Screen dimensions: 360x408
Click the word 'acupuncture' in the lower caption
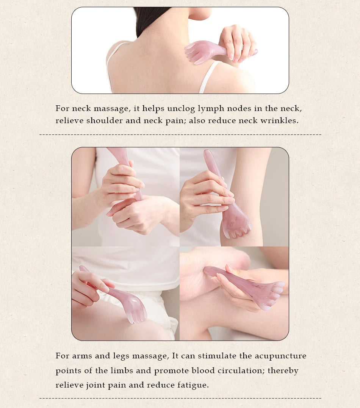(280, 356)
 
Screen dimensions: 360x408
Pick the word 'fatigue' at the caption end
(193, 385)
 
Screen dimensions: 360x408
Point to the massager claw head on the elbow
(236, 224)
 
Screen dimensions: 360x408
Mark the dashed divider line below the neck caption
(180, 134)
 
